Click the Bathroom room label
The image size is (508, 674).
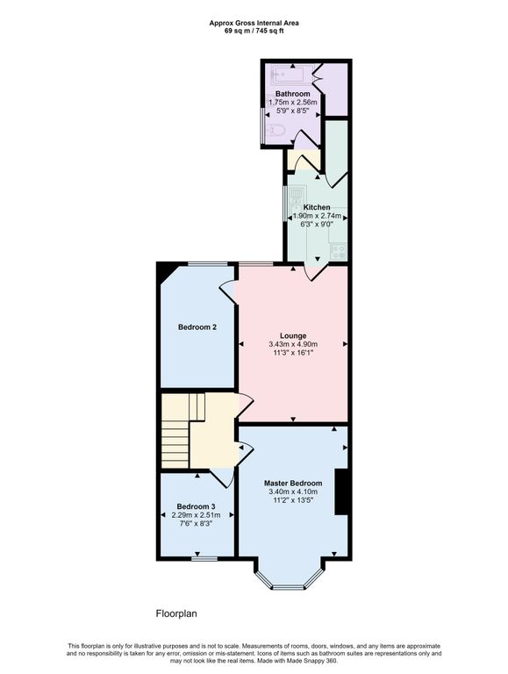[x=292, y=94]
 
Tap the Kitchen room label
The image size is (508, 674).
[x=317, y=207]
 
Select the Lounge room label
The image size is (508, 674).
[x=293, y=336]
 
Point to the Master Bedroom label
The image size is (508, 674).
[x=293, y=484]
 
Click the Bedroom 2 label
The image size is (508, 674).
[x=197, y=327]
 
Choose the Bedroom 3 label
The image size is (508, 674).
[x=196, y=506]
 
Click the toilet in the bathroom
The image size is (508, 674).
[x=275, y=129]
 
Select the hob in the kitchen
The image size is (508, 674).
[x=339, y=251]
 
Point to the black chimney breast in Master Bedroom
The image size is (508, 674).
[x=340, y=491]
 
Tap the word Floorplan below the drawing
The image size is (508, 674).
[x=176, y=613]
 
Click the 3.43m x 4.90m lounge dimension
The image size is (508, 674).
[x=293, y=344]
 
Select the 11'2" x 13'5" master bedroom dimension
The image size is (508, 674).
[x=293, y=500]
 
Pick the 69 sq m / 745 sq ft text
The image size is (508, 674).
[x=254, y=31]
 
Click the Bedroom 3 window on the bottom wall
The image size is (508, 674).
[x=204, y=558]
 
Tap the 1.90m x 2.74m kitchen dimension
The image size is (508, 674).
[x=317, y=216]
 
